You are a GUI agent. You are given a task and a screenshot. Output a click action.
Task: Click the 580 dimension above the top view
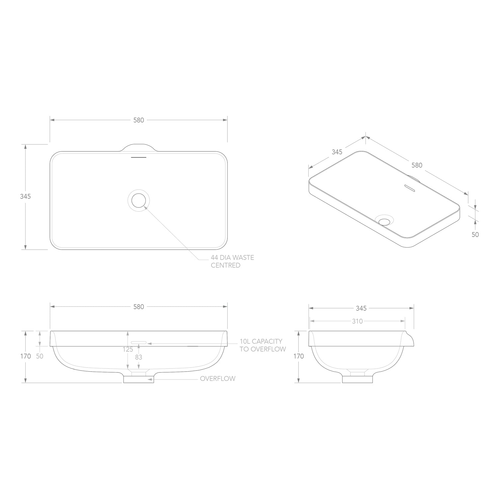[x=139, y=120]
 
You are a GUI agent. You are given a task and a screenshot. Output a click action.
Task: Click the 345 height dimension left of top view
[x=25, y=196]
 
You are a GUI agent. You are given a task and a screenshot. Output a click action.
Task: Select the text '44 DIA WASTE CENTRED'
[x=232, y=261]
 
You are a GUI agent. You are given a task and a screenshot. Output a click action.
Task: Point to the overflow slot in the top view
[x=138, y=157]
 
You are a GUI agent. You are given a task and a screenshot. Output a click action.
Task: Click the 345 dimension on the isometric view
[x=337, y=152]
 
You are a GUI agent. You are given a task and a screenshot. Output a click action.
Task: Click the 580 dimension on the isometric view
[x=417, y=165]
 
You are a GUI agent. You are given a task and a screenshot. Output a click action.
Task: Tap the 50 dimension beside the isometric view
[x=475, y=234]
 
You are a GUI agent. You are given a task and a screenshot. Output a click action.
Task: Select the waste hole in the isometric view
[x=384, y=220]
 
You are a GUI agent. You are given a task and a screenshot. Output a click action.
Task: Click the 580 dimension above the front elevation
[x=139, y=307]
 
